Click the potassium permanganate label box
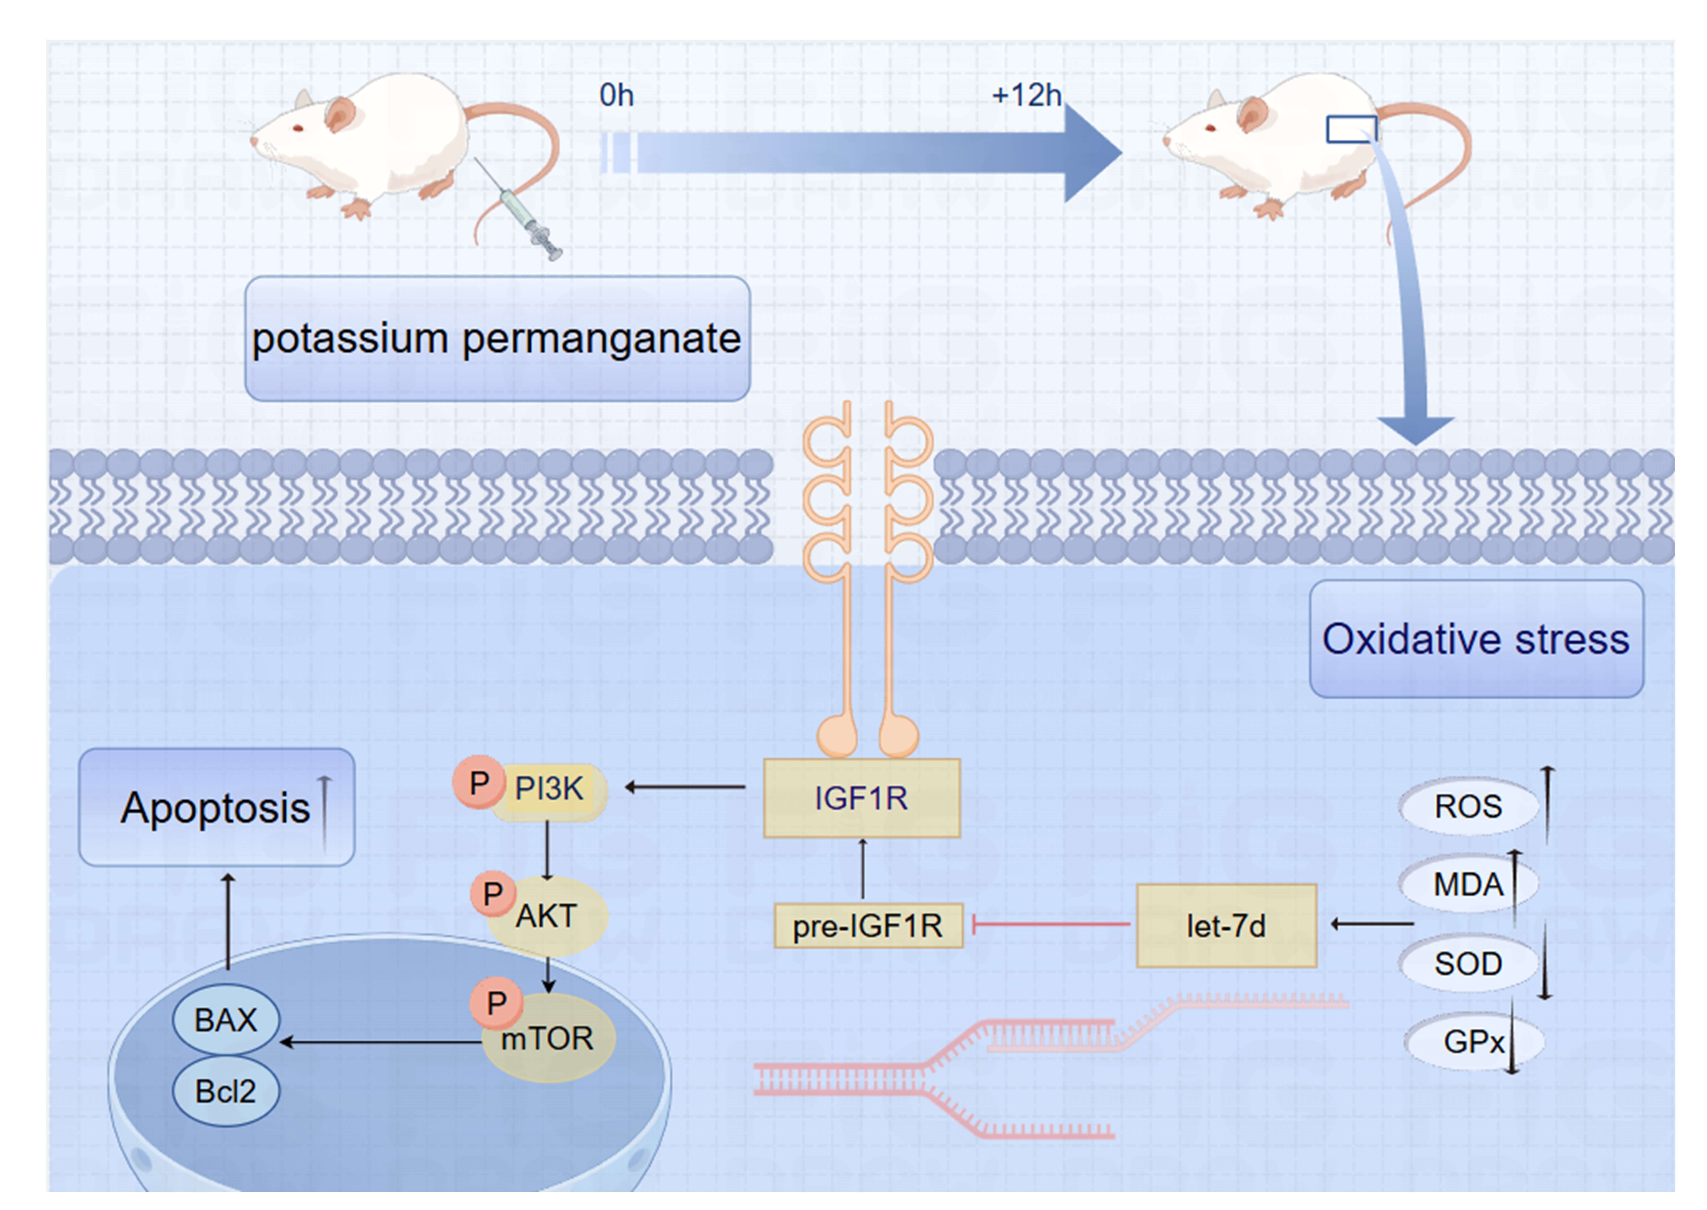pyautogui.click(x=497, y=339)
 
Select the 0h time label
pyautogui.click(x=616, y=95)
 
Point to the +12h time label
pyautogui.click(x=1026, y=95)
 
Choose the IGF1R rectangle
pyautogui.click(x=861, y=798)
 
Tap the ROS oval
pyautogui.click(x=1468, y=806)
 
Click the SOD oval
pyautogui.click(x=1468, y=963)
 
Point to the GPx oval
pyautogui.click(x=1472, y=1042)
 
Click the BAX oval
pyautogui.click(x=226, y=1020)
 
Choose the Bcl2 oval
pyautogui.click(x=226, y=1092)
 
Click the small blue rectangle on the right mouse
pyautogui.click(x=1351, y=129)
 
